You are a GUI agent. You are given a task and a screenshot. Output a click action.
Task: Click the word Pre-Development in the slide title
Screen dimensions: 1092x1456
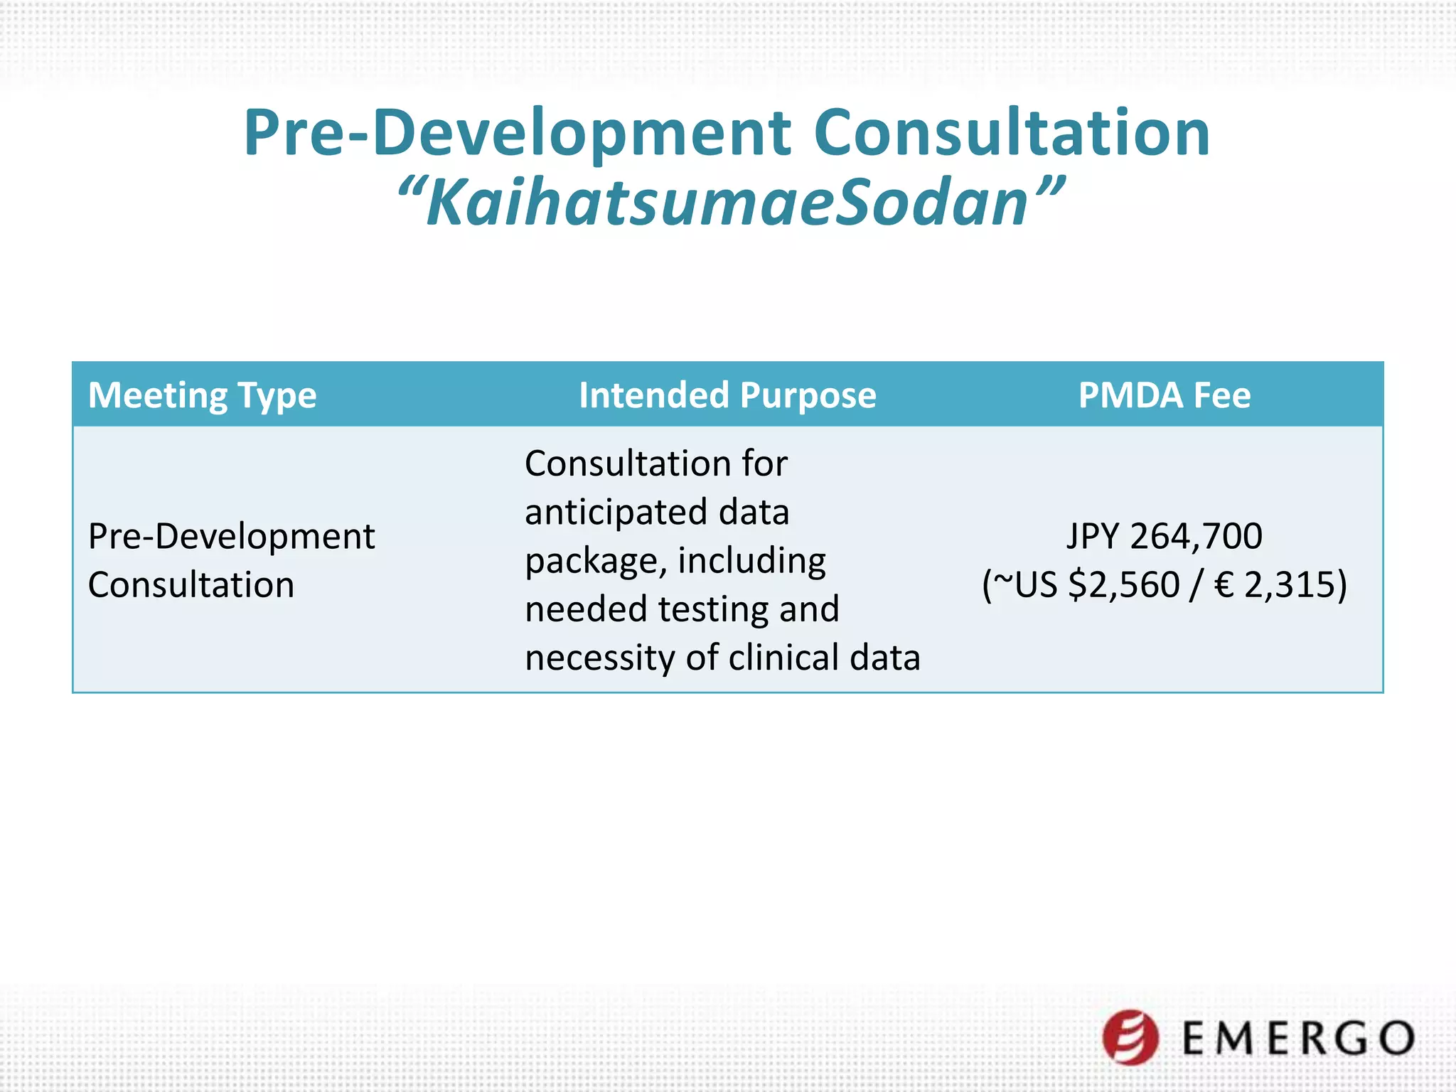pos(518,133)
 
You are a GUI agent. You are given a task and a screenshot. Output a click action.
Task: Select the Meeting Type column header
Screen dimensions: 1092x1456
pos(202,395)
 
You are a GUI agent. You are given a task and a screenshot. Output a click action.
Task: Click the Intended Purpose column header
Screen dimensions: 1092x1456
pos(727,395)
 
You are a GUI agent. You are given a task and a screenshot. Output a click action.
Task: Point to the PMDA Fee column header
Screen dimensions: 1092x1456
pos(1164,395)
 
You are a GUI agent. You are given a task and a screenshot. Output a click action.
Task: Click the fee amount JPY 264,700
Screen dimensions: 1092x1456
pos(1164,536)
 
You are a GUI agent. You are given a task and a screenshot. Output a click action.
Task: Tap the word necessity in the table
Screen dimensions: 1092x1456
pos(599,658)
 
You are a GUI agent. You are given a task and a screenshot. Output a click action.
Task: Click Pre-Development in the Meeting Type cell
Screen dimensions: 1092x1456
pos(231,536)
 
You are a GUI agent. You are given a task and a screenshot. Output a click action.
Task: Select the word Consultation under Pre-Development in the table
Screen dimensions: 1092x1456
pos(191,585)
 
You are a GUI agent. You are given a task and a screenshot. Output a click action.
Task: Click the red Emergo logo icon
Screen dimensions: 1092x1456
pos(1130,1037)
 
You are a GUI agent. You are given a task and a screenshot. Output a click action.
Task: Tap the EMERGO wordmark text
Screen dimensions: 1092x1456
pos(1297,1039)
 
